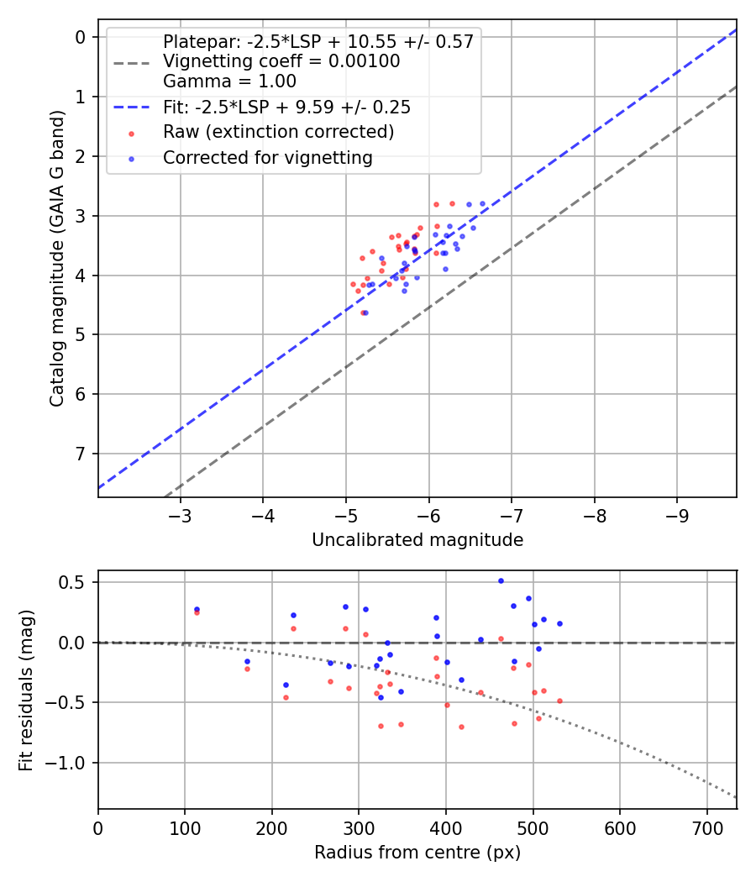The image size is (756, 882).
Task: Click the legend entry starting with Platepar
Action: tap(318, 41)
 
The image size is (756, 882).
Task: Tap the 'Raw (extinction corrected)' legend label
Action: tap(278, 132)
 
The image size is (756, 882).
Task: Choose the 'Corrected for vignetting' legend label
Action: tap(267, 157)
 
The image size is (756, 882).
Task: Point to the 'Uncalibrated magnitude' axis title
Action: tap(417, 540)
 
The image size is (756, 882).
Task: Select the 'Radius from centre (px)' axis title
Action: tap(417, 853)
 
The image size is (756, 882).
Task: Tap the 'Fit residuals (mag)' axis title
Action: tap(26, 690)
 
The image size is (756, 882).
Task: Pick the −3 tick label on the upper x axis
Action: tap(180, 515)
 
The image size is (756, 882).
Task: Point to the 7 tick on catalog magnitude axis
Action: tap(81, 454)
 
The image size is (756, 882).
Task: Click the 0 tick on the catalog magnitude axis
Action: tap(81, 37)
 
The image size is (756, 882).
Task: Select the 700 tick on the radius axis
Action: tap(706, 827)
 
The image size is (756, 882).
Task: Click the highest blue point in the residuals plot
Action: tap(501, 580)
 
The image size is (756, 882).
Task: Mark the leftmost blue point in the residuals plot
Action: tap(197, 609)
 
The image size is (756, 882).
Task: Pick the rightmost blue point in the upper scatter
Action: tap(482, 203)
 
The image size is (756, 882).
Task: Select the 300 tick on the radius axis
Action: tap(359, 827)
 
